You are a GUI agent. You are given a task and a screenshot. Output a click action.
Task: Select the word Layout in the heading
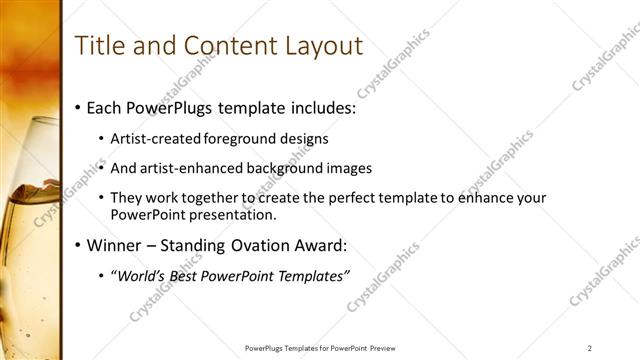[x=318, y=46]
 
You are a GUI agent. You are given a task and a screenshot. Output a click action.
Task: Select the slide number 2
[x=590, y=348]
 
